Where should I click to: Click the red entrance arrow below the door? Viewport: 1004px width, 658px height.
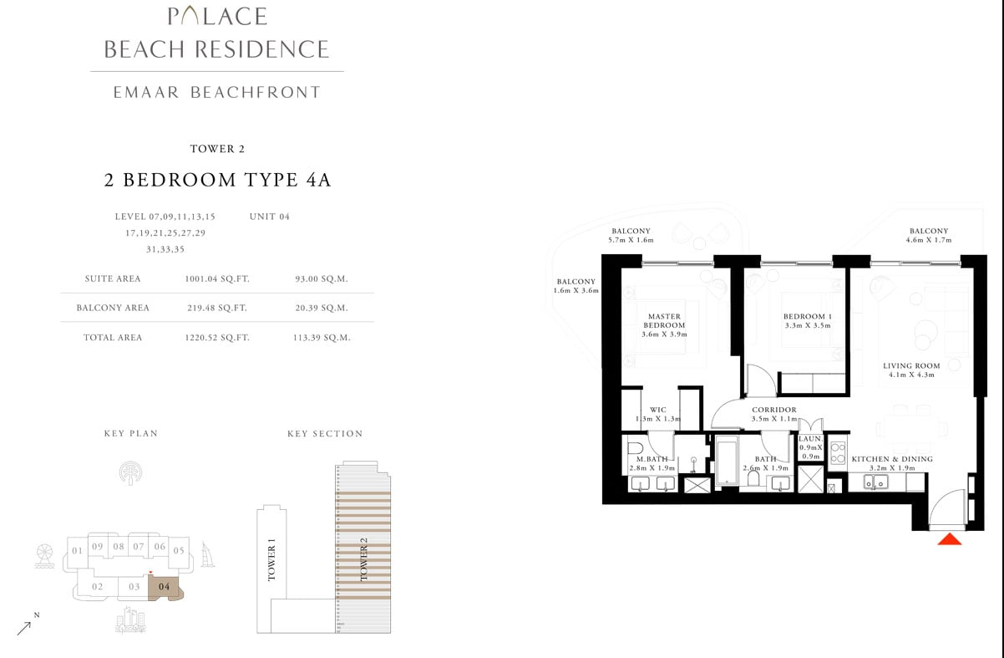click(x=950, y=540)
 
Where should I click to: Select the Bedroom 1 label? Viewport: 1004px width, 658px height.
click(x=807, y=321)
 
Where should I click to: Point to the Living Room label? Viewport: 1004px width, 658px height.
click(x=911, y=370)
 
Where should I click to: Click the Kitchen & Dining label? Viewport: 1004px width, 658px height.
click(x=891, y=463)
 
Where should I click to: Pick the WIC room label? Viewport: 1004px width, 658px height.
click(x=658, y=414)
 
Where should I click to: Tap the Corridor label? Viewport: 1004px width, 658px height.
click(x=773, y=414)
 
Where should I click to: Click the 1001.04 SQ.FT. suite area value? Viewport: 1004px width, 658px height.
click(x=217, y=279)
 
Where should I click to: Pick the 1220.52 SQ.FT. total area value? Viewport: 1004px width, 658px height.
click(x=217, y=338)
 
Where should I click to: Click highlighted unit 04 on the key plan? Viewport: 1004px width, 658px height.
click(x=165, y=588)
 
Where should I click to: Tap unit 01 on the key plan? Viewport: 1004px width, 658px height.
click(x=77, y=551)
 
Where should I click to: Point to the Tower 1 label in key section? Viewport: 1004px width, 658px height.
click(x=271, y=560)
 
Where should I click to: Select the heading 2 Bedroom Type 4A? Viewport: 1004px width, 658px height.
click(x=217, y=180)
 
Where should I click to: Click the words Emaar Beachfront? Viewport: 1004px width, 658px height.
click(x=216, y=93)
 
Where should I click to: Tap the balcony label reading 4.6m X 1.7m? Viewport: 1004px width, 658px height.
click(x=929, y=236)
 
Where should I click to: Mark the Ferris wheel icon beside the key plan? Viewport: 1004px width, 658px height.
click(x=45, y=556)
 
